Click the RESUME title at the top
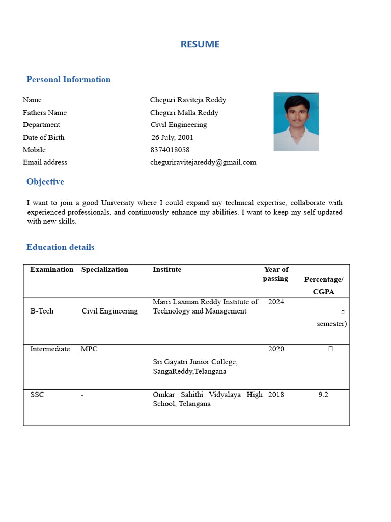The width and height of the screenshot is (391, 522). tap(200, 44)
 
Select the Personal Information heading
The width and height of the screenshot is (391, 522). tap(68, 79)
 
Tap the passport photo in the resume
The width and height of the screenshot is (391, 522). tap(296, 121)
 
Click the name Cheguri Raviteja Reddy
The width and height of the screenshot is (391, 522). tap(188, 100)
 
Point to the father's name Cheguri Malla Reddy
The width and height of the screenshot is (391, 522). tap(184, 113)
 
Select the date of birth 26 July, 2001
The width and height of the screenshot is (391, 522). tap(172, 137)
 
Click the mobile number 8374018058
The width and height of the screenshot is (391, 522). tap(170, 150)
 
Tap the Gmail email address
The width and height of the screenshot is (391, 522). tap(203, 162)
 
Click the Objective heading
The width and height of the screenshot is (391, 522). tap(45, 181)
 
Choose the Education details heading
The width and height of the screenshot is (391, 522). tap(60, 247)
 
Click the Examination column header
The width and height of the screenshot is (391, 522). tap(51, 269)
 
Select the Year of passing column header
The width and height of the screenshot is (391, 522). tap(275, 274)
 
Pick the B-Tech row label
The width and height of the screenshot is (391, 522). tap(42, 311)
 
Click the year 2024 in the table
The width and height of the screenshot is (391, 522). tap(276, 302)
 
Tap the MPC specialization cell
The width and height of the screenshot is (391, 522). tap(89, 349)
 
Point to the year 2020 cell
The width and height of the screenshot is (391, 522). tap(276, 349)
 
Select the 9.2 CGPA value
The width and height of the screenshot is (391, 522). tap(323, 395)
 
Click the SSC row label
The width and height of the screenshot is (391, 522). tap(37, 395)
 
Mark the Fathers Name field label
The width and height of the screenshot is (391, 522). tap(45, 113)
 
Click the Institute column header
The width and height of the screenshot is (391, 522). tap(167, 269)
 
